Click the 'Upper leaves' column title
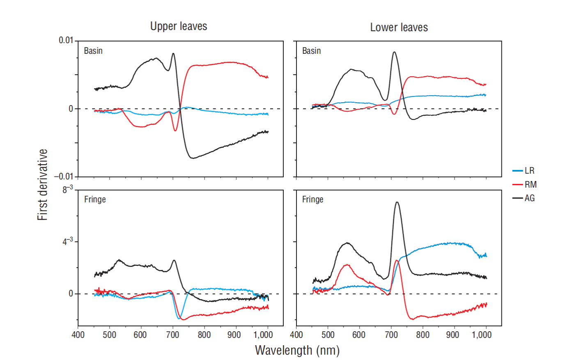pyautogui.click(x=179, y=26)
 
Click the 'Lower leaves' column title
pyautogui.click(x=399, y=28)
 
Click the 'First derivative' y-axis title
pyautogui.click(x=43, y=185)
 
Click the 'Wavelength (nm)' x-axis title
pyautogui.click(x=297, y=350)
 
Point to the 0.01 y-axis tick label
pyautogui.click(x=66, y=40)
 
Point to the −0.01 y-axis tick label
pyautogui.click(x=64, y=177)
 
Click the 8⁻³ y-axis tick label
pyautogui.click(x=68, y=190)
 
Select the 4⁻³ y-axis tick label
pyautogui.click(x=68, y=241)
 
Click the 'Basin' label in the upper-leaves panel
pyautogui.click(x=93, y=51)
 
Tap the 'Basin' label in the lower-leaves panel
pyautogui.click(x=312, y=51)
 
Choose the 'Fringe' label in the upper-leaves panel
pyautogui.click(x=95, y=199)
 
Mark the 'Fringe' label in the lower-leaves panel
pyautogui.click(x=313, y=199)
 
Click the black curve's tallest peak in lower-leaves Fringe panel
pyautogui.click(x=397, y=202)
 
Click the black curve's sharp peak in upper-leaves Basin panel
pyautogui.click(x=173, y=53)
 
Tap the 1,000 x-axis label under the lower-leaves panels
pyautogui.click(x=482, y=335)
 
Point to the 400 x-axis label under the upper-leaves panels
pyautogui.click(x=78, y=335)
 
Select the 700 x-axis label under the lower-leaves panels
pyautogui.click(x=391, y=335)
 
